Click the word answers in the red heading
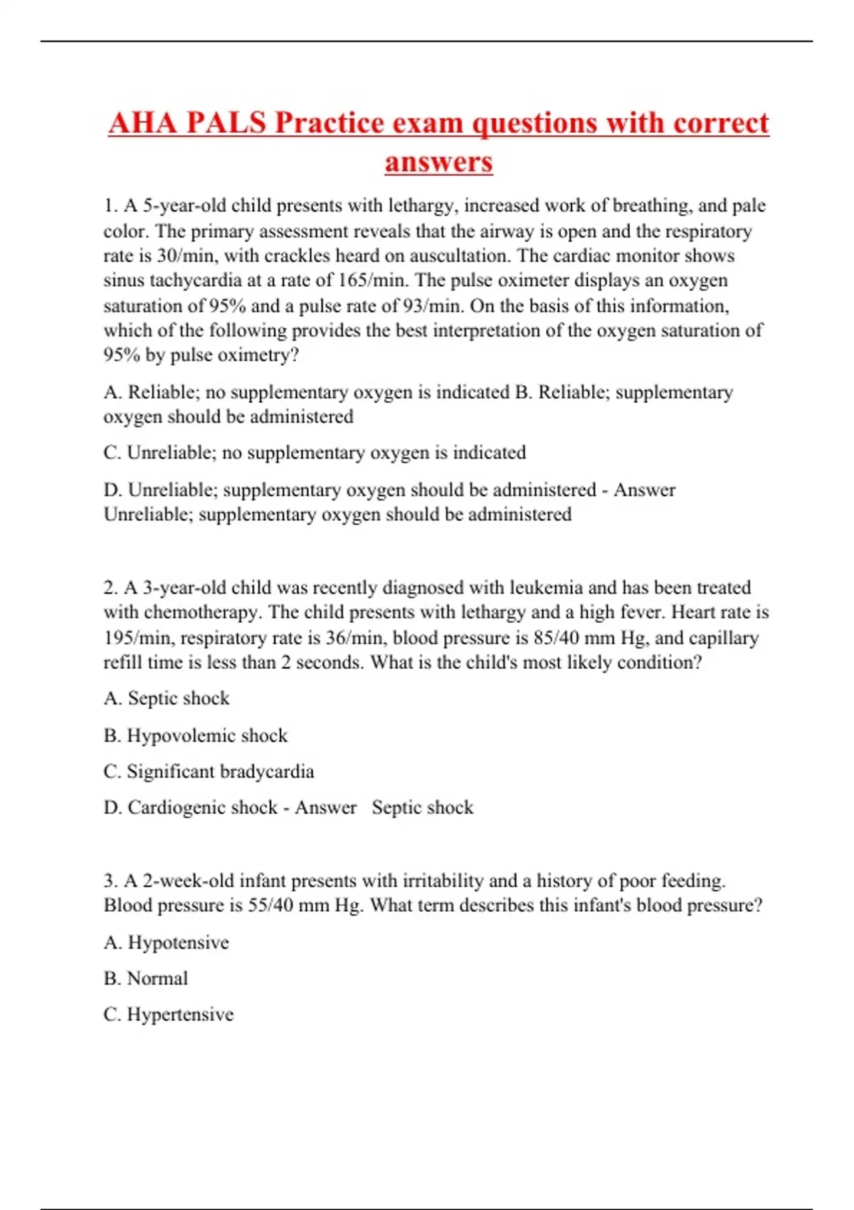tap(438, 162)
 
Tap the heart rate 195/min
tap(138, 638)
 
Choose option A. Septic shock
tap(167, 698)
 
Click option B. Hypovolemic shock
tap(196, 735)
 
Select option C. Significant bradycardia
tap(209, 772)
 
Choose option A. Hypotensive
tap(167, 942)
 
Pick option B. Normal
tap(146, 979)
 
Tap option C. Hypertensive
tap(169, 1014)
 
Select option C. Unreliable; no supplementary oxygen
tap(315, 453)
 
